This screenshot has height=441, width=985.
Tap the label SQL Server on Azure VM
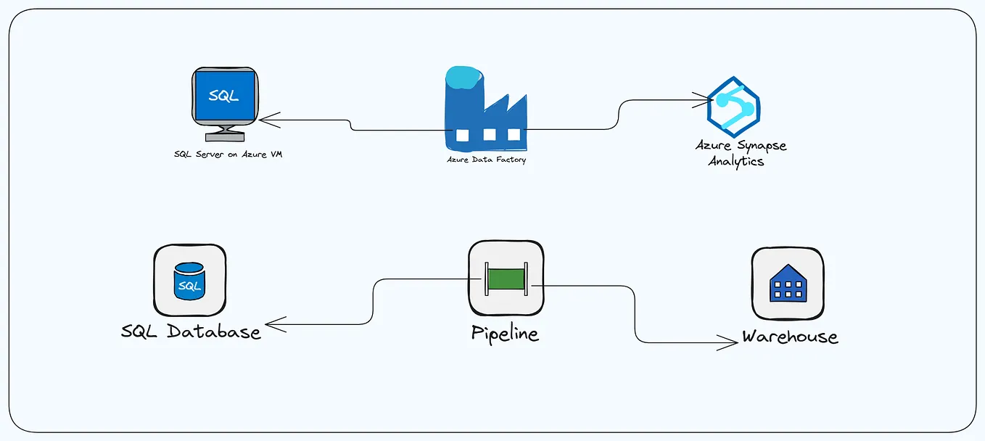point(228,154)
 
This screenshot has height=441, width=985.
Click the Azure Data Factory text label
point(486,160)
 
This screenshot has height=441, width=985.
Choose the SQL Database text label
point(191,331)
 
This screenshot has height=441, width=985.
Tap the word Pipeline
point(505,334)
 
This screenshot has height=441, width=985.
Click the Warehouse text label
point(789,337)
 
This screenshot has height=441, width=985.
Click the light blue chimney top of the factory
point(462,77)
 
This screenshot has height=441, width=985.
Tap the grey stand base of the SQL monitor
point(224,136)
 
